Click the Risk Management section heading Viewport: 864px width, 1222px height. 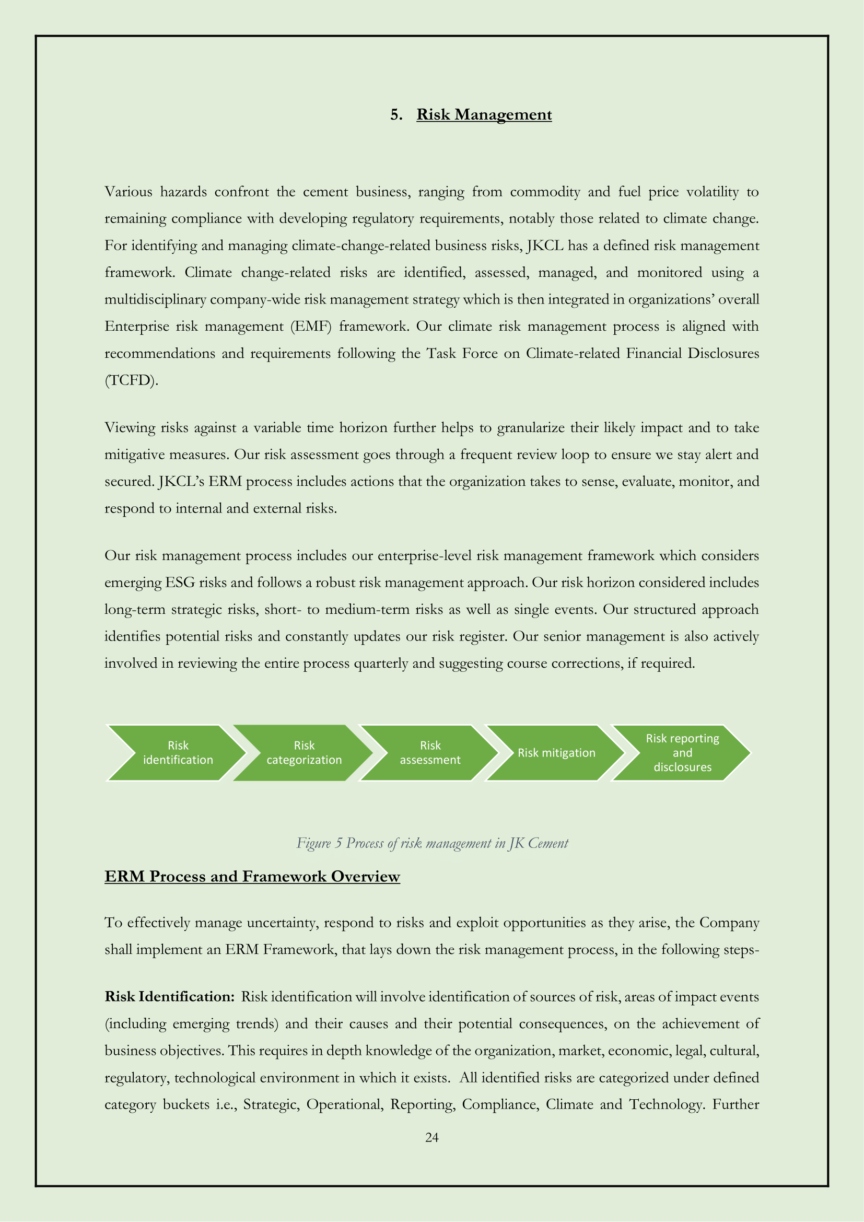click(x=484, y=115)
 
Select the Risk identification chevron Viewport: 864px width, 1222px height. click(x=178, y=752)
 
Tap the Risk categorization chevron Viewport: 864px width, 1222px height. click(x=304, y=752)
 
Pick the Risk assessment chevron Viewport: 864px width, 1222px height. click(x=430, y=752)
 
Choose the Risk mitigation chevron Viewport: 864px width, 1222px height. click(x=556, y=752)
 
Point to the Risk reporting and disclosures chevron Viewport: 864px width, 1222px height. click(x=682, y=752)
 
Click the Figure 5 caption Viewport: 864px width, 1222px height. click(x=432, y=843)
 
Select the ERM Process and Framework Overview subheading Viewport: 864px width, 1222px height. click(x=252, y=877)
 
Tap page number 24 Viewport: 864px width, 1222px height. click(x=432, y=1137)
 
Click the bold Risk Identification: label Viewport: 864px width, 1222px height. click(x=169, y=996)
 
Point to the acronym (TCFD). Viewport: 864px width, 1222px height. click(x=132, y=380)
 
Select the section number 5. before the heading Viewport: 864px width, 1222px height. click(x=396, y=115)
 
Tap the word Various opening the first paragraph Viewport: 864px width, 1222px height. click(x=128, y=192)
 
